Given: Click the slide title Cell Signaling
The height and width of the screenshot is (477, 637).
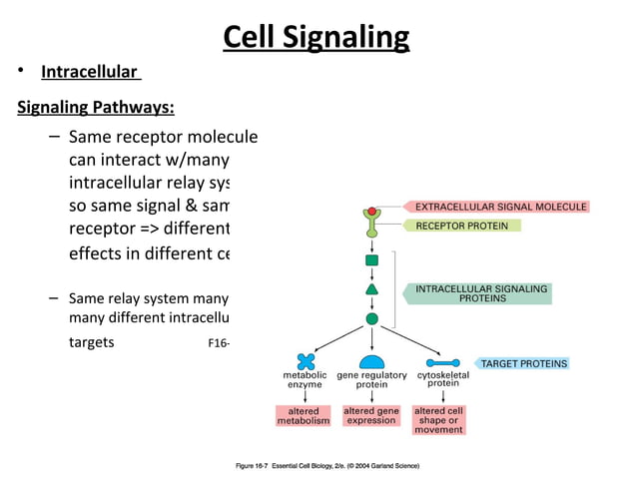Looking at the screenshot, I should click(x=316, y=37).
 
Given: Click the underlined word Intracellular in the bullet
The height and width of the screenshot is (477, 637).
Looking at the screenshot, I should click(x=89, y=72).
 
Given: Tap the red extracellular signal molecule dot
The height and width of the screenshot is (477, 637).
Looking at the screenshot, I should click(x=372, y=212).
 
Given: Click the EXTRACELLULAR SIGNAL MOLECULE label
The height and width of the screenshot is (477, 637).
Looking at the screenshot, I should click(x=496, y=207).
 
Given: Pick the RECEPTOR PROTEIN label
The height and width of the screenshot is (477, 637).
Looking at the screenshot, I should click(x=462, y=226).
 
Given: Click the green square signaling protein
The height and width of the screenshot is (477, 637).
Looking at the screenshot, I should click(x=372, y=260).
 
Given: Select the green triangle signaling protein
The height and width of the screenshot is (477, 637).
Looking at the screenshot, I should click(x=372, y=289).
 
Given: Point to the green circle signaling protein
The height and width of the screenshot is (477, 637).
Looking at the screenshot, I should click(x=372, y=319).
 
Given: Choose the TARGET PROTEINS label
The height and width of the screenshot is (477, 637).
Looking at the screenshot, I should click(x=523, y=363).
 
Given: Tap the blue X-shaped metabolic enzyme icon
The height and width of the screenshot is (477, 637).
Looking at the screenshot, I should click(x=305, y=361).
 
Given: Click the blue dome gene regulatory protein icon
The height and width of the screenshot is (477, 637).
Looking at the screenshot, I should click(x=371, y=361).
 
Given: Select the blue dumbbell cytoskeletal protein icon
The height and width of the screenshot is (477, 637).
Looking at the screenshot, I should click(x=442, y=362).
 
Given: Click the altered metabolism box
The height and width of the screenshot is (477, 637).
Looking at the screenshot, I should click(x=304, y=416).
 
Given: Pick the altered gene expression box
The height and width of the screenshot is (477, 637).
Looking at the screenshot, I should click(x=371, y=416).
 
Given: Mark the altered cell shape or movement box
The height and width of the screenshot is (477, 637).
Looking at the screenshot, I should click(x=439, y=420).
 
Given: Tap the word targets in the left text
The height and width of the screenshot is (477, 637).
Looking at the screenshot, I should click(x=92, y=342).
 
